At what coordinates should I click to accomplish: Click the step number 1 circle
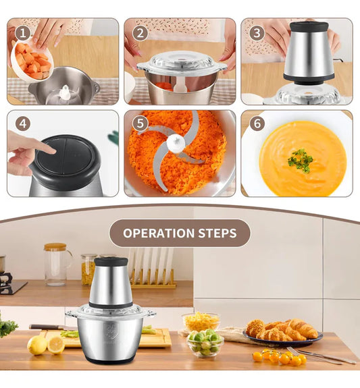23,34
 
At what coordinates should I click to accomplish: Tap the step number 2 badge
140,34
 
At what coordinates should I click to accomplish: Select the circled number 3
257,34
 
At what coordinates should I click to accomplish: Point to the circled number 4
23,123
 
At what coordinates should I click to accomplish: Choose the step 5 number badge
140,123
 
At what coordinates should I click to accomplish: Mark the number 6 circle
257,123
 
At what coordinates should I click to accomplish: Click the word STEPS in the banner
217,233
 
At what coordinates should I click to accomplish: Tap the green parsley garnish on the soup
301,161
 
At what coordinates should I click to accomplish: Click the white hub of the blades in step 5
176,143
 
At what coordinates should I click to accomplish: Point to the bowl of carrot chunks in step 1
32,61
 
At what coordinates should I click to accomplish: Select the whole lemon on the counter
37,345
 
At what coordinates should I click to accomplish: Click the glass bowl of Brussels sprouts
205,343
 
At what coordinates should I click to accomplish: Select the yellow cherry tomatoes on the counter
280,357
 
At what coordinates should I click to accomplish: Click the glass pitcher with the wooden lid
57,264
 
